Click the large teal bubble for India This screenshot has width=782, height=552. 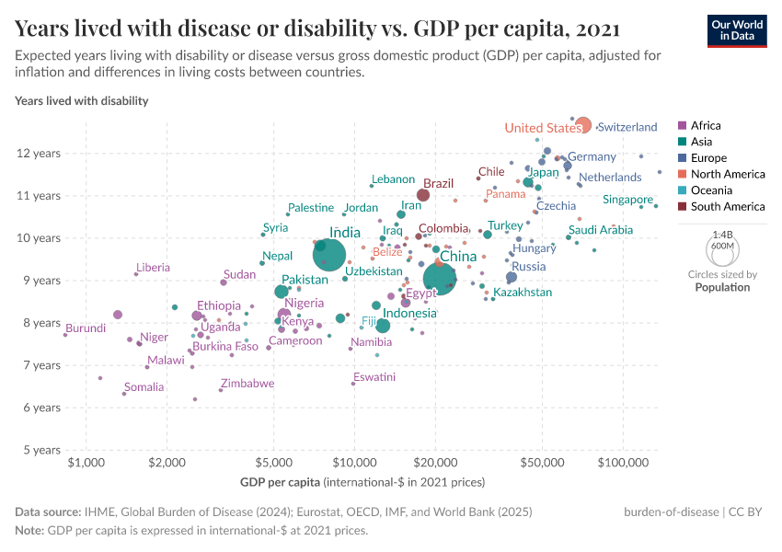[x=328, y=255]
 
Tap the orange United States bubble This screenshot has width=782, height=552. [x=582, y=125]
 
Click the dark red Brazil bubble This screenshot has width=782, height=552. [x=423, y=194]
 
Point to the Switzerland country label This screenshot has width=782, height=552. [x=627, y=127]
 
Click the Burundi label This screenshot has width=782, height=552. [x=86, y=328]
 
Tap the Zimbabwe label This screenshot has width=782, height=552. [x=247, y=384]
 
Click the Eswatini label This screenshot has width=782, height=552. [x=374, y=377]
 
